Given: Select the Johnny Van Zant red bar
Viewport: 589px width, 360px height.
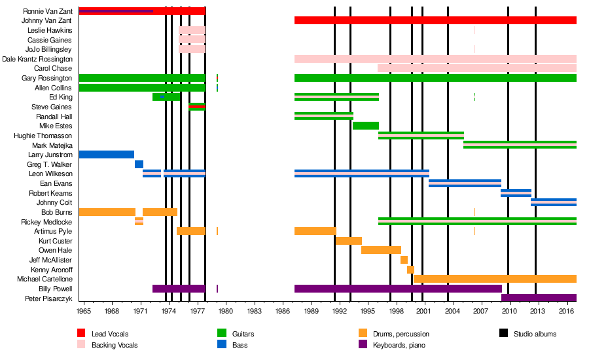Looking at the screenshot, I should coord(435,20).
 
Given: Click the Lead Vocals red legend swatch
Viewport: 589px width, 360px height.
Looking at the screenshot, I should coord(82,334).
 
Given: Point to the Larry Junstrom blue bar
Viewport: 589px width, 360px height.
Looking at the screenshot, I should coord(106,154).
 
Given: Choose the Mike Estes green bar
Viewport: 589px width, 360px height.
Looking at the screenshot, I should coord(366,126).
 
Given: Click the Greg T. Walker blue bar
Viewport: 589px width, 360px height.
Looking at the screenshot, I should coord(139,164).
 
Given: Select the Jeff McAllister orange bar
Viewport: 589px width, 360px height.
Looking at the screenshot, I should coord(404,260).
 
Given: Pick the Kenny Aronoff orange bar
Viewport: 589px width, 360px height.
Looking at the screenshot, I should coord(410,270).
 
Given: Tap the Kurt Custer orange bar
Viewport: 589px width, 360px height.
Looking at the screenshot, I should coord(349,241).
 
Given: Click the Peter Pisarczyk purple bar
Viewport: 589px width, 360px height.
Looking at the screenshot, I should coord(539,298).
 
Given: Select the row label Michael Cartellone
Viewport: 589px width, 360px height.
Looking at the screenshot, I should coord(45,279).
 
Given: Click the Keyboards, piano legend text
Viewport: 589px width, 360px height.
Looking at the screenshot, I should coord(401,344).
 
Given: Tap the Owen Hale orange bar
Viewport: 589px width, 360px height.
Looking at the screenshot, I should coord(381,250).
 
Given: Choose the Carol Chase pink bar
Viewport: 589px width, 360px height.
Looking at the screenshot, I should coord(477,68).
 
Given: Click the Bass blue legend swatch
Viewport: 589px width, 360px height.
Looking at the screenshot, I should coord(222,344).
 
